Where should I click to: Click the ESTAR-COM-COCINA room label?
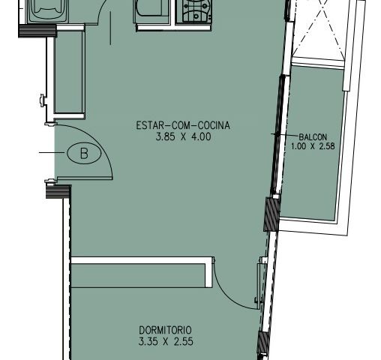point(182,126)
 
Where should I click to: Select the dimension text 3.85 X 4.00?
point(182,137)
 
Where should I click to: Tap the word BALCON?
point(312,136)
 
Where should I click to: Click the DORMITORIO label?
point(166,329)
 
